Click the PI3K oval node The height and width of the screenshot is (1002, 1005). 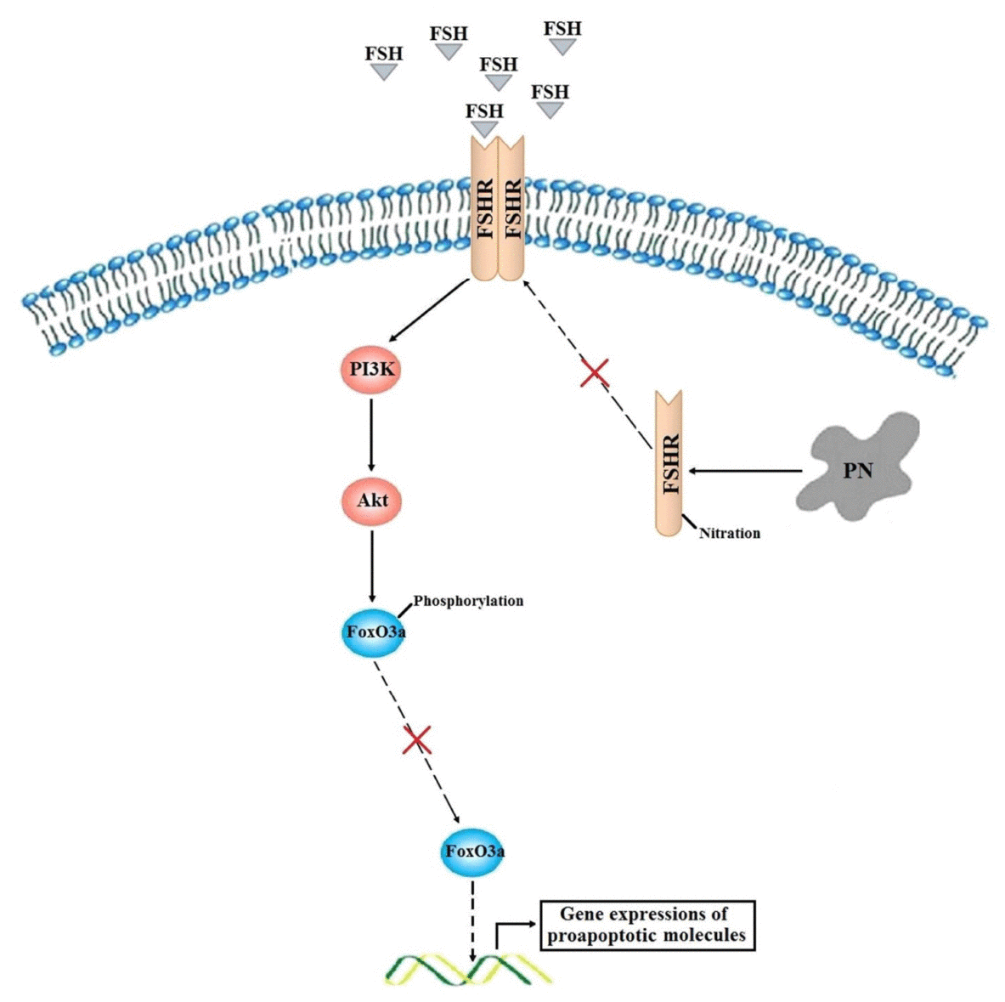368,371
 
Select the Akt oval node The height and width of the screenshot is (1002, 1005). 372,500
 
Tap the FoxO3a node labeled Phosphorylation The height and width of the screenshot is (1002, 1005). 371,631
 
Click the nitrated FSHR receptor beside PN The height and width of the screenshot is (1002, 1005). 669,463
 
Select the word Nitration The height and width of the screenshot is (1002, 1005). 729,534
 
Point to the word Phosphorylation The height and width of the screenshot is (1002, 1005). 468,601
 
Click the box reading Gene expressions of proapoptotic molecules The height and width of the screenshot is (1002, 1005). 646,926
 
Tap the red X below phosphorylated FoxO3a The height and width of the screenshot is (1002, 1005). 415,739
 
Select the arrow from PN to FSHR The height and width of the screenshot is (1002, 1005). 745,470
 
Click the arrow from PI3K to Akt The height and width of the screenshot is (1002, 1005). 370,434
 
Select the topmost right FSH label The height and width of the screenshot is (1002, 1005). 562,28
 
